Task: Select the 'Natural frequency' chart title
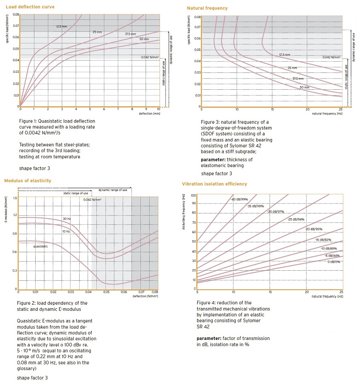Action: [x=207, y=8]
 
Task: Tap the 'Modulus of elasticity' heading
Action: [x=28, y=181]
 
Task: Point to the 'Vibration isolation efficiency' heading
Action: [x=214, y=184]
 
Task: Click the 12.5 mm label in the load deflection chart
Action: [x=62, y=26]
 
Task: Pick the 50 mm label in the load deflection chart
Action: [x=144, y=39]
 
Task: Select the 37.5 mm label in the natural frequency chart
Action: [x=298, y=79]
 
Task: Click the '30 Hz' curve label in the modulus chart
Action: [x=67, y=219]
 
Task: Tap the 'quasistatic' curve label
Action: [x=41, y=246]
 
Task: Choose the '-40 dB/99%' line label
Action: [x=239, y=199]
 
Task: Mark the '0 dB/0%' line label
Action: [x=334, y=262]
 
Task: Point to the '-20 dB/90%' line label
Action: [x=314, y=229]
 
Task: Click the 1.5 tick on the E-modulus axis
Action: [x=15, y=198]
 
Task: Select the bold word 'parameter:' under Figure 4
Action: [x=209, y=338]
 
